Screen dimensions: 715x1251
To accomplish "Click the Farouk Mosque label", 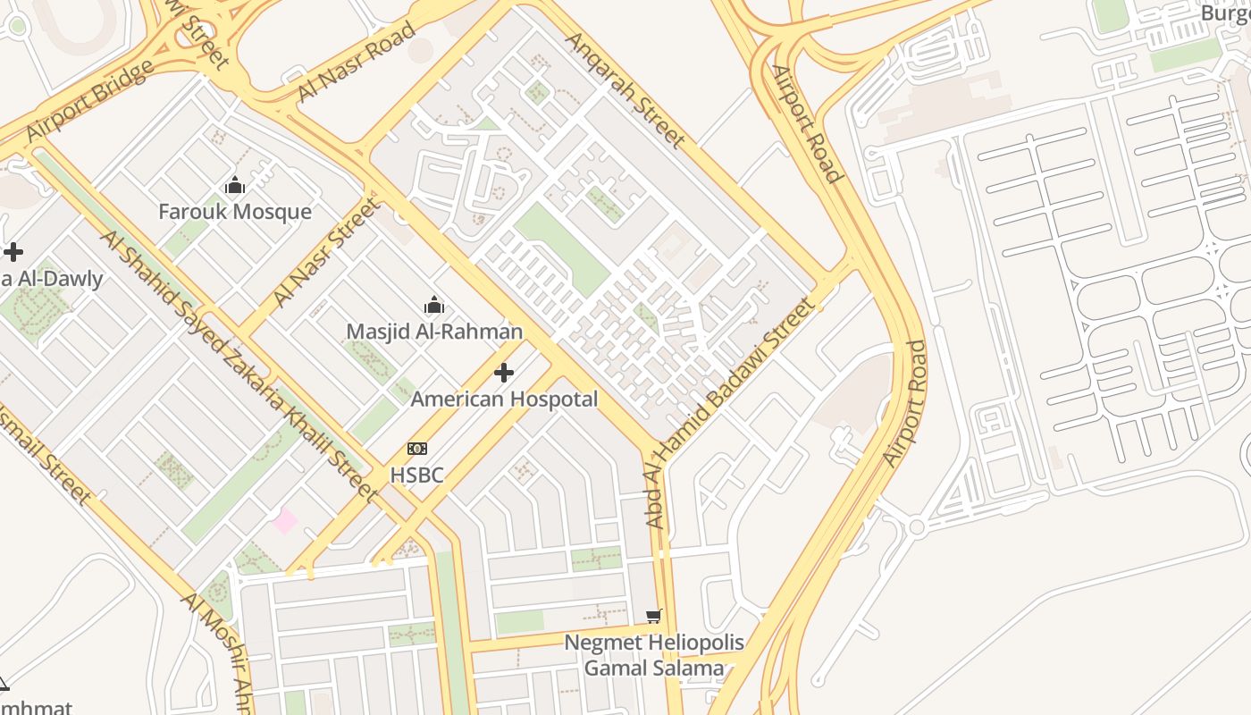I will pos(235,212).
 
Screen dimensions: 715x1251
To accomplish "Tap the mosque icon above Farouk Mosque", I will pos(235,186).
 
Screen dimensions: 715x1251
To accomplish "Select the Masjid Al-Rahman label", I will pos(434,332).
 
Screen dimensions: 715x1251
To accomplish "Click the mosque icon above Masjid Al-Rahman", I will pos(434,305).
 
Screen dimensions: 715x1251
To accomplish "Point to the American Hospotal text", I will pos(504,400).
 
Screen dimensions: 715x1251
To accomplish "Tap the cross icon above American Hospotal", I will pos(504,373).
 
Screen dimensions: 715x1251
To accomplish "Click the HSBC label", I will pos(416,475).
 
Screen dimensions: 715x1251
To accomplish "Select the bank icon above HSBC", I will pos(416,449).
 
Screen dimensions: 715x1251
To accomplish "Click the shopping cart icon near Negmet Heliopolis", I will pos(654,616).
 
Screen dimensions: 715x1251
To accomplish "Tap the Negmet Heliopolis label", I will pos(654,643).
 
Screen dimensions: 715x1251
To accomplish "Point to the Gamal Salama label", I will pos(654,669).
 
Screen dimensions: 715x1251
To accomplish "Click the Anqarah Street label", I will pos(625,89).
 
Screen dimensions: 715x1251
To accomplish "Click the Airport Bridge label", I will pos(89,101).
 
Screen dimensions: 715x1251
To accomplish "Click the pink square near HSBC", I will pos(285,520).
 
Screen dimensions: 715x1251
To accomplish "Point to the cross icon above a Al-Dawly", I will pos(13,252).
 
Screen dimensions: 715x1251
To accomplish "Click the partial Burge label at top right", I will pos(1224,13).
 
